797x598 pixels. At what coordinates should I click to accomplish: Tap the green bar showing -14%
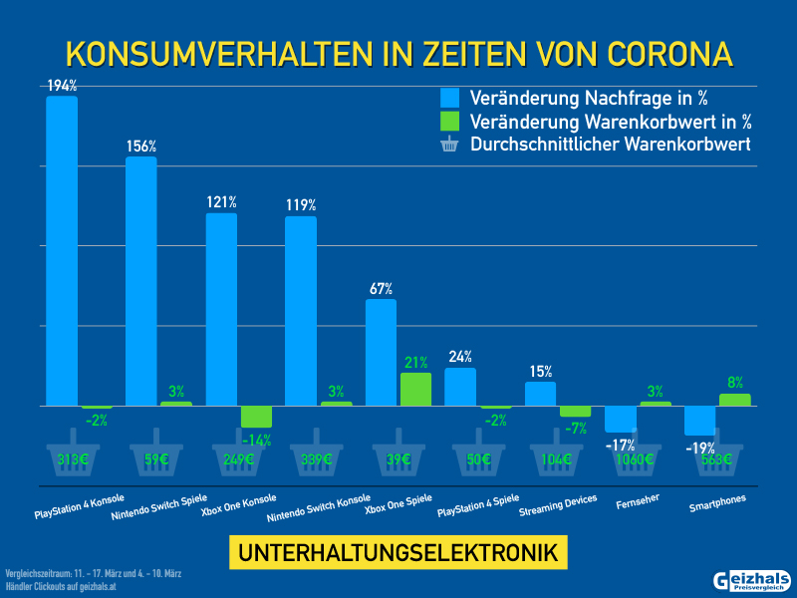pyautogui.click(x=256, y=417)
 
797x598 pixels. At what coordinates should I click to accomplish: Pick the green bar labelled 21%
pyautogui.click(x=415, y=389)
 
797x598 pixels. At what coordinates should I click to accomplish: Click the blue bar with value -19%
pyautogui.click(x=699, y=421)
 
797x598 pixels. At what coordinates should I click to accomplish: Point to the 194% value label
pyautogui.click(x=62, y=87)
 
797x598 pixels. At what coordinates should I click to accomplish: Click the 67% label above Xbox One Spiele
pyautogui.click(x=381, y=289)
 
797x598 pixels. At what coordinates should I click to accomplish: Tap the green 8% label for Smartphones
pyautogui.click(x=735, y=383)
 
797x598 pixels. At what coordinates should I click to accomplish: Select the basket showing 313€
pyautogui.click(x=74, y=455)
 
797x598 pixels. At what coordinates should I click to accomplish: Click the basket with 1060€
pyautogui.click(x=634, y=455)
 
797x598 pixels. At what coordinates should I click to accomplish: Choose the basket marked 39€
pyautogui.click(x=396, y=455)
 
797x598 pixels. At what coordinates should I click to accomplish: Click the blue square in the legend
pyautogui.click(x=449, y=98)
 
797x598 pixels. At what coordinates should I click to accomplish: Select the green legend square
pyautogui.click(x=449, y=122)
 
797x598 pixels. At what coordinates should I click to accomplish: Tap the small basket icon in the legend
pyautogui.click(x=449, y=146)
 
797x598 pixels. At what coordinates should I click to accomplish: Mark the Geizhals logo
pyautogui.click(x=752, y=580)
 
